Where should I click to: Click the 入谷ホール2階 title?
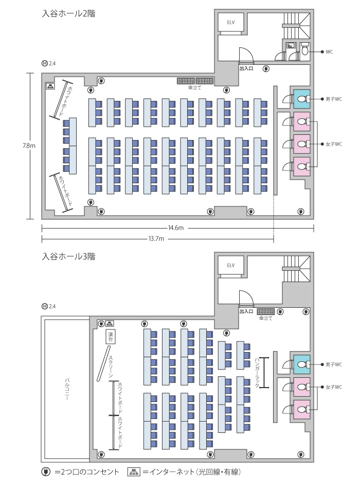point(68,14)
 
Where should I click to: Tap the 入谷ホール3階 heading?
point(68,256)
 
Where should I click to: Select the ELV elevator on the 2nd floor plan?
point(230,23)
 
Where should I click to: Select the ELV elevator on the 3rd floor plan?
point(230,266)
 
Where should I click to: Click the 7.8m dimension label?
point(29,146)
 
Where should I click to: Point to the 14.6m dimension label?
point(176,228)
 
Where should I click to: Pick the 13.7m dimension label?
point(156,239)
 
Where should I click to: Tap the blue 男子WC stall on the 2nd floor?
point(302,99)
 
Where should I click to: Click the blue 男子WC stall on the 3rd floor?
point(302,364)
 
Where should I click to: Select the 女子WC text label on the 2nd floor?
point(334,144)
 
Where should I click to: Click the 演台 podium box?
point(111,336)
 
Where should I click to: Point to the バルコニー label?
point(67,389)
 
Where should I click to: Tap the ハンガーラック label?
point(257,373)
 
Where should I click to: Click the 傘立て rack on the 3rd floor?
point(265,311)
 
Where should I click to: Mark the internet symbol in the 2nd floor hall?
point(50,86)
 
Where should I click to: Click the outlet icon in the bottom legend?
point(46,472)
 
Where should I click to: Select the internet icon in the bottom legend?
point(134,472)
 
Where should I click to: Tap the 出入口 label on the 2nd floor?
point(246,68)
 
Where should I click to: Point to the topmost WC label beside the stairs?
point(329,52)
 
